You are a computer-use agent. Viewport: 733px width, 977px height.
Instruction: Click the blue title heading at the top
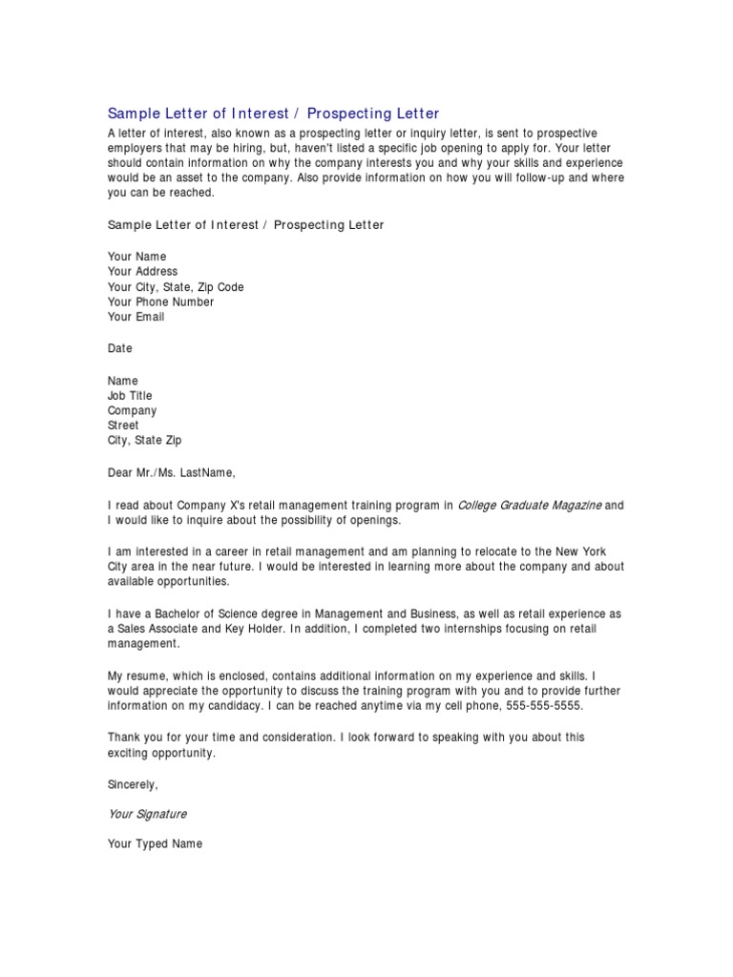(274, 114)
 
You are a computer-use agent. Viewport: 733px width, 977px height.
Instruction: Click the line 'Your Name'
(136, 257)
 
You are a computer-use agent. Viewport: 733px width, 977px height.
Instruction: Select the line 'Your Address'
(142, 272)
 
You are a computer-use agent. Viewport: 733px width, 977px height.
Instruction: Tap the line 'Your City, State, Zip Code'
(176, 287)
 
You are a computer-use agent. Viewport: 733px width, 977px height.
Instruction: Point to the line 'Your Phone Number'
(160, 302)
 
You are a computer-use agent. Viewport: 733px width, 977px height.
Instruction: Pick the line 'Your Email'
(136, 318)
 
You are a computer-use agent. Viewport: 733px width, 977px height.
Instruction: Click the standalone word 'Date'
(120, 348)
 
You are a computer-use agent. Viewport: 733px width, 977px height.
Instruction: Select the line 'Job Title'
(130, 395)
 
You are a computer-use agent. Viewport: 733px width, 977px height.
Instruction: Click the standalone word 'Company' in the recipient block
(132, 410)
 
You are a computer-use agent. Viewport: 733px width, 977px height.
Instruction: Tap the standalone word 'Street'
(123, 426)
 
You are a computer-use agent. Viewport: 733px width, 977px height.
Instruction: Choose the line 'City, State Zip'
(144, 441)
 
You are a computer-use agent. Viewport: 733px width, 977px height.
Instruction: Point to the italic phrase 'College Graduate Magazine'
(530, 505)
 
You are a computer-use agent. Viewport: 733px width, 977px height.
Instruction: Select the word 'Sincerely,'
(133, 784)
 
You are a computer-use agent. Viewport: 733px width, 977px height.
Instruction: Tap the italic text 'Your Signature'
(147, 814)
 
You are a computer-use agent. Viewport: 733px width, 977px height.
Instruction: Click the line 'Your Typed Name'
(155, 844)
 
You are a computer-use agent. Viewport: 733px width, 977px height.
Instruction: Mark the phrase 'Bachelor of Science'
(214, 613)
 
